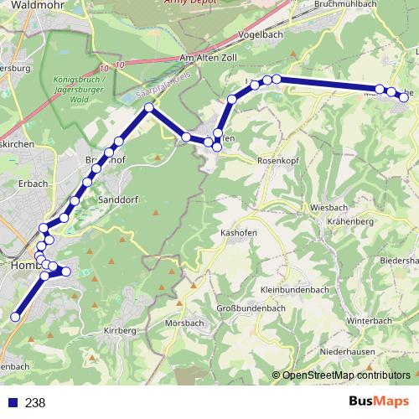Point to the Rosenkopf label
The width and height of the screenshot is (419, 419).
279,159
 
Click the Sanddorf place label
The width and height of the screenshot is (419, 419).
118,200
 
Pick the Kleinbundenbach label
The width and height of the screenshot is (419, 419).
294,289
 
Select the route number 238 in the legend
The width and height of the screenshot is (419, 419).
35,402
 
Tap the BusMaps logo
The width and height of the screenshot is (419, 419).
379,401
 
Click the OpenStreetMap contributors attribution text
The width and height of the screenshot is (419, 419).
346,375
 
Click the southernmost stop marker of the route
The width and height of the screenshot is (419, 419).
14,317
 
